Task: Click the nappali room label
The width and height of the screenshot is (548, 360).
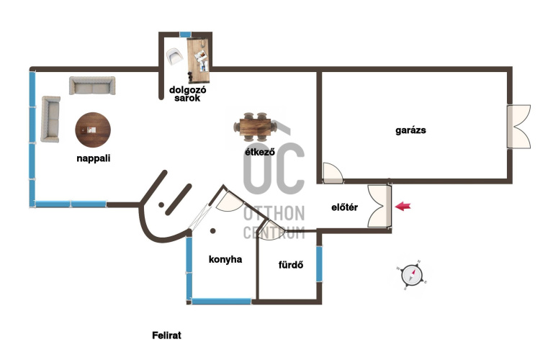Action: click(x=94, y=158)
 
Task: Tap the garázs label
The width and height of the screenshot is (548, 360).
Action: click(x=410, y=130)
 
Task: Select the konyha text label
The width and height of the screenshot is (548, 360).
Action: click(x=225, y=259)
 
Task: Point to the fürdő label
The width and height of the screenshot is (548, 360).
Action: click(x=291, y=265)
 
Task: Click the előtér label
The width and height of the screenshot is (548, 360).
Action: click(x=345, y=207)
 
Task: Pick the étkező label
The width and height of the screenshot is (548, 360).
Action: click(x=260, y=152)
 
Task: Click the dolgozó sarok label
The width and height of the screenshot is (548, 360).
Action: click(x=188, y=94)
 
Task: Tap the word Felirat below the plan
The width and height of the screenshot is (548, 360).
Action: click(x=167, y=336)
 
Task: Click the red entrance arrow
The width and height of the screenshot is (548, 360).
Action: click(x=403, y=206)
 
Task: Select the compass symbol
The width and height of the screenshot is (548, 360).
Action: click(x=412, y=275)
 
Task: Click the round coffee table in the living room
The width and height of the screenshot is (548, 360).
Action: click(x=93, y=130)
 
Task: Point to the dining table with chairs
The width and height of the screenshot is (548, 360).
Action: click(x=255, y=127)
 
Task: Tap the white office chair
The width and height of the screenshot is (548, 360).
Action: click(x=174, y=56)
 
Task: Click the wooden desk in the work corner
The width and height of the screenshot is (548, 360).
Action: click(x=198, y=60)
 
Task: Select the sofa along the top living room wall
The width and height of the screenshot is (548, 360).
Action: click(x=92, y=86)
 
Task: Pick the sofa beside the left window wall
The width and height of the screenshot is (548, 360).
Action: click(x=50, y=120)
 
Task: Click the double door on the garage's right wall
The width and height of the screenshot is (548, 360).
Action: click(x=518, y=127)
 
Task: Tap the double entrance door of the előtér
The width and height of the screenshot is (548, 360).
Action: click(x=379, y=206)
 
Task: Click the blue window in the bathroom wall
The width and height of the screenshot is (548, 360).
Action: click(x=319, y=264)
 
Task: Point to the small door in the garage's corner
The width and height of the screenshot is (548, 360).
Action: click(x=333, y=174)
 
